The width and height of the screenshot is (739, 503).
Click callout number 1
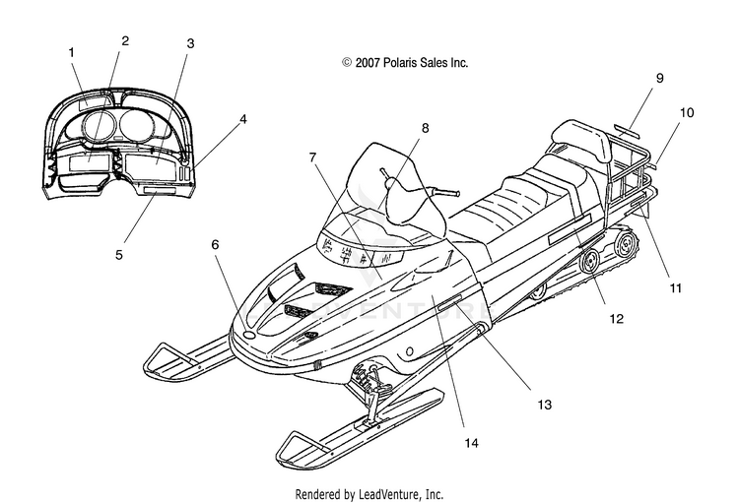pos(72,52)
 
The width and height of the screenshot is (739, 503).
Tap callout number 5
pos(119,255)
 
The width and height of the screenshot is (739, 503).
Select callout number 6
pos(215,244)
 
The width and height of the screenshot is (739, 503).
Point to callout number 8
pos(425,128)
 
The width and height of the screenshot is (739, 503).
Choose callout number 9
pos(660,78)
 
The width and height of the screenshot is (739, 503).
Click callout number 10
pos(687,113)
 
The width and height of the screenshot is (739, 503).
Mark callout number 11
pos(676,288)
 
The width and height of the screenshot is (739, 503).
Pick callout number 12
pos(617,319)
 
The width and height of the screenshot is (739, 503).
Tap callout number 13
pos(544,405)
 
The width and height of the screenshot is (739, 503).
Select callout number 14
pos(471,443)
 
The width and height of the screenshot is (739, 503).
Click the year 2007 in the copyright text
pos(368,63)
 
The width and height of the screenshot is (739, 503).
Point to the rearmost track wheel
pos(627,245)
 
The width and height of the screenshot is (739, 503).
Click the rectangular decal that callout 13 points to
pos(450,303)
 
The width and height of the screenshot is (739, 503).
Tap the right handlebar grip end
pos(453,193)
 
